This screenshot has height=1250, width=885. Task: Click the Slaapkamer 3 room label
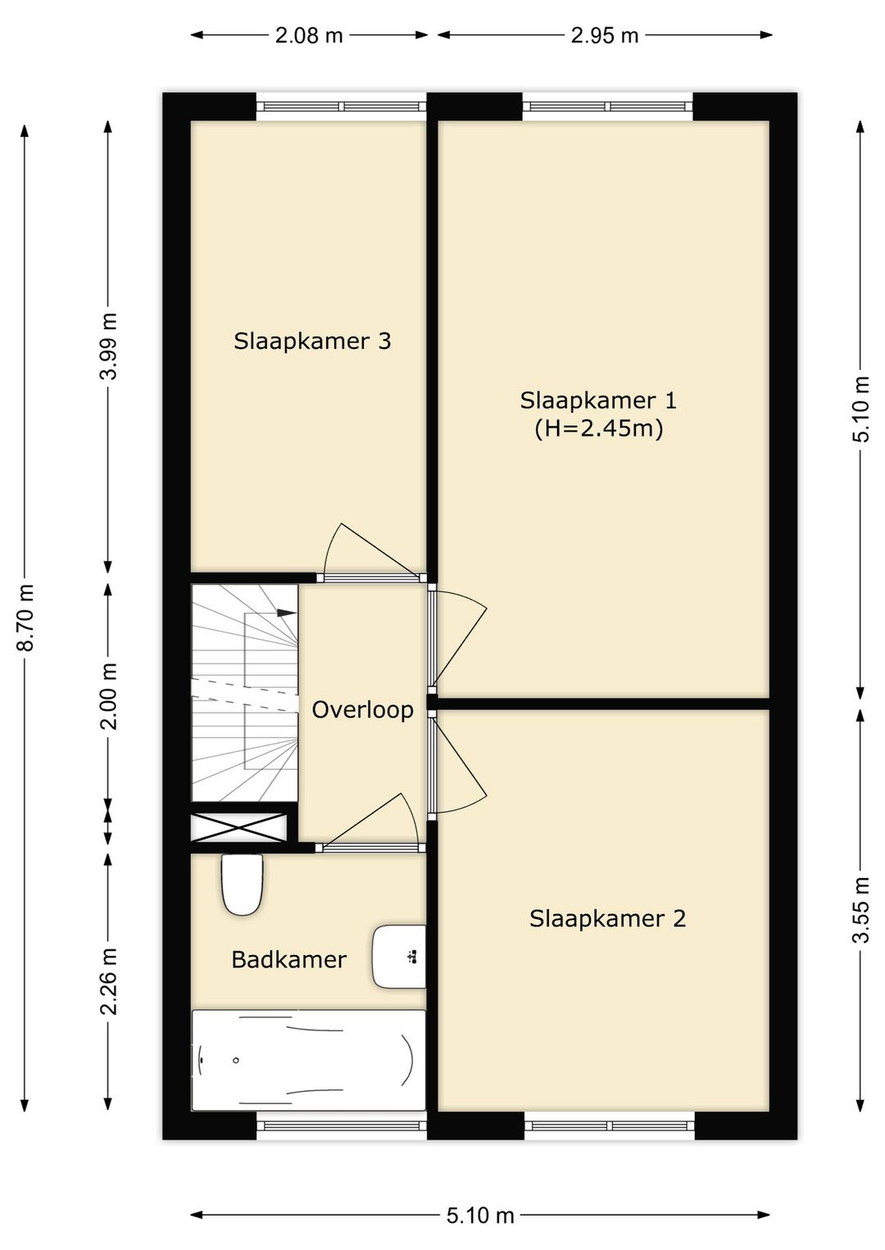[x=312, y=341]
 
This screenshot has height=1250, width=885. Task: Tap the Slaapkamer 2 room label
[x=607, y=918]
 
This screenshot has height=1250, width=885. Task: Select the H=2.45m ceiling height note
[x=598, y=429]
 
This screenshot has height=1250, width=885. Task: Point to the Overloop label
[x=362, y=710]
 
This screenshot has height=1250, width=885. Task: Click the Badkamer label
[x=288, y=960]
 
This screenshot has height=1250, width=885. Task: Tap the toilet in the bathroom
[x=243, y=884]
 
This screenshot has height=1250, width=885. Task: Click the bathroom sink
[x=399, y=957]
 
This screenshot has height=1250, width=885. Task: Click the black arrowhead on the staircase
[x=287, y=612]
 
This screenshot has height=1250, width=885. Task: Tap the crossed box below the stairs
[x=239, y=827]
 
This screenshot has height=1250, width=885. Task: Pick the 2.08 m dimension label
[x=309, y=36]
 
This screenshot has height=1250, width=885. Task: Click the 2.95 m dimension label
[x=605, y=36]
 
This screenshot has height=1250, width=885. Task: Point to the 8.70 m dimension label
[x=26, y=617]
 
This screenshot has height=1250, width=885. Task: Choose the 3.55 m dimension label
[x=861, y=909]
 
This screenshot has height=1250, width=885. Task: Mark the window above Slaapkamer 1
[x=608, y=106]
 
